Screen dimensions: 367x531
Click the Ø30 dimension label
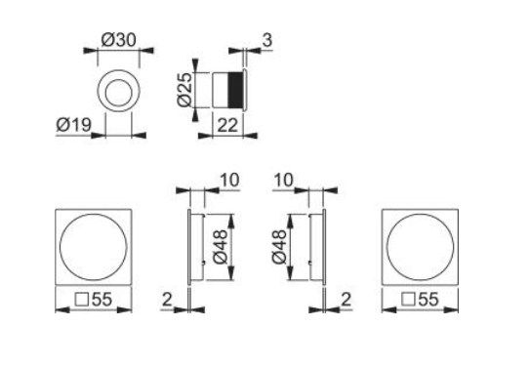click(119, 42)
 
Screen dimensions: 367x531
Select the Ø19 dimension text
click(73, 126)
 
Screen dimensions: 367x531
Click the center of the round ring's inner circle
click(119, 94)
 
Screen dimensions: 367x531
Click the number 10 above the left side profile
click(226, 181)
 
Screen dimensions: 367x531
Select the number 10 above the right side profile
click(285, 181)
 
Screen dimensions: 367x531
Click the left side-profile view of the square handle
click(196, 247)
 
